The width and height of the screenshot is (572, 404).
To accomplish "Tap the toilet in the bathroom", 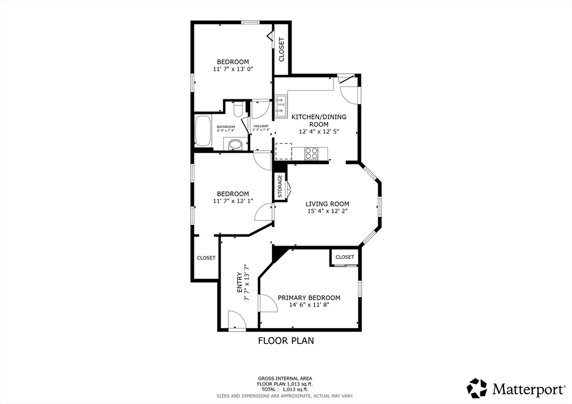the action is (238, 109).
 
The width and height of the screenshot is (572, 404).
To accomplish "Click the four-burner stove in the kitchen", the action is (311, 153).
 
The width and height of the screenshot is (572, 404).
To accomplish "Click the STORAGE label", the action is (280, 186).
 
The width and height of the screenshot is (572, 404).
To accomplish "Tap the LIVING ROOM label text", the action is (327, 204).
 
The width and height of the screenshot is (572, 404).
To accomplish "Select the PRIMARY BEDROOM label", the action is (309, 297).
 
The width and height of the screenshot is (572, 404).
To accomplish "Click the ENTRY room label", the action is (239, 282).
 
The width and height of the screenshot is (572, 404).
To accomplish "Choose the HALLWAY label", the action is (261, 126).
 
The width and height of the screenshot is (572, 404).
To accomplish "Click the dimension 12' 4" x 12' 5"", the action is (319, 132).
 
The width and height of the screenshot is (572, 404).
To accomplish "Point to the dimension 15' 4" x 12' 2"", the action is (327, 211).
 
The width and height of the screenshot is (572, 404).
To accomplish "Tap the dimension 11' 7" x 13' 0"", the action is (233, 69).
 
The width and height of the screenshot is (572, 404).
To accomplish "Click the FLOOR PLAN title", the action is (286, 341).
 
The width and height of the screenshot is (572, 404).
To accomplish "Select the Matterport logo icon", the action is (477, 388).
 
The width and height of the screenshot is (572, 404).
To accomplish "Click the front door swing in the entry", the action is (236, 320).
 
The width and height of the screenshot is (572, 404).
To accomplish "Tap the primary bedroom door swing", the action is (268, 303).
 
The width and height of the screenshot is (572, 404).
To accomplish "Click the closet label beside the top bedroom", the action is (282, 50).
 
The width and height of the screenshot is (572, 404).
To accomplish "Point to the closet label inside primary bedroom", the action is (345, 257).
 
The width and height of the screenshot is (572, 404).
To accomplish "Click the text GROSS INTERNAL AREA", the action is (285, 378).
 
